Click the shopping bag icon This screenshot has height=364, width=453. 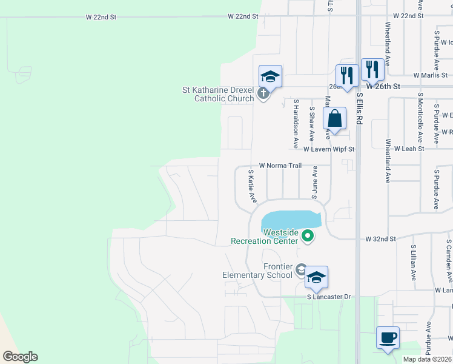coord(334,119)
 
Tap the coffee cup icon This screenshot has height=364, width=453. coord(388,337)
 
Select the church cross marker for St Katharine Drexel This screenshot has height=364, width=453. coord(262,94)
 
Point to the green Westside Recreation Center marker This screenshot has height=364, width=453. coord(308,235)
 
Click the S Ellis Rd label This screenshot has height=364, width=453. coord(359,108)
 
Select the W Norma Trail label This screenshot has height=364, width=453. coord(280,165)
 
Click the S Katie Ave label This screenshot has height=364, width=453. coord(253,186)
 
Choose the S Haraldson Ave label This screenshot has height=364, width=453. coord(296,124)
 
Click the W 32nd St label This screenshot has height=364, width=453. coord(380,239)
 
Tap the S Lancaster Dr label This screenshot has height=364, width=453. coord(329,297)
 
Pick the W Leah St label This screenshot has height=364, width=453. coord(409,148)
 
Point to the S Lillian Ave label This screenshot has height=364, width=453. coord(413,262)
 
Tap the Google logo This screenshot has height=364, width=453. coord(20,357)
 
